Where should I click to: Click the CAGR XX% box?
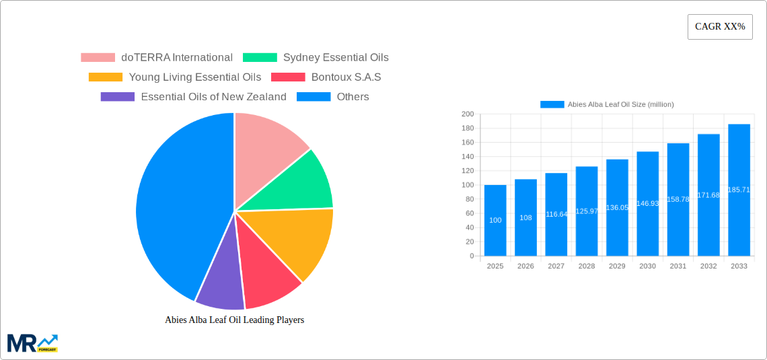[720, 27]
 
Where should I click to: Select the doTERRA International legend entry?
[157, 58]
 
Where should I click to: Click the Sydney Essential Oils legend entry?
[316, 58]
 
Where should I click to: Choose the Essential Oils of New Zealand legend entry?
[193, 97]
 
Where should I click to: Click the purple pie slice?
[221, 282]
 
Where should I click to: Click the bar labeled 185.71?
[739, 190]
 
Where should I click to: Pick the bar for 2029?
[617, 207]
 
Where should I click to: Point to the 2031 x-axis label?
[678, 266]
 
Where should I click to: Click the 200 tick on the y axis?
[468, 114]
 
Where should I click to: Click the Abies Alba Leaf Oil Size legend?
[607, 104]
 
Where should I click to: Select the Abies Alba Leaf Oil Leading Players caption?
[234, 320]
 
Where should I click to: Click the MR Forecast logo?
[32, 343]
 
